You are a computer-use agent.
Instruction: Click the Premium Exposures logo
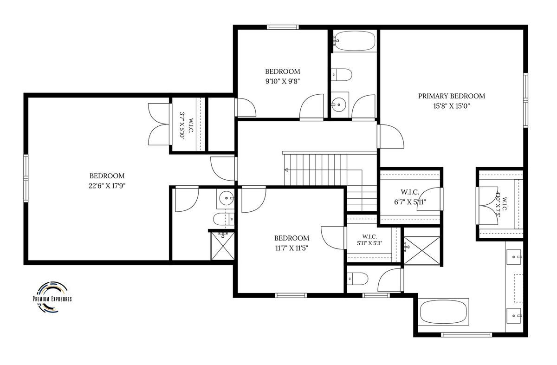click(52, 297)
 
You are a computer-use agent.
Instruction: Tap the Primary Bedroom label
click(451, 96)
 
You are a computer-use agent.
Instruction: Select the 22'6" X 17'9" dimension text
click(107, 186)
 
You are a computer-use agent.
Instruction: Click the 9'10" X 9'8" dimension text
click(283, 81)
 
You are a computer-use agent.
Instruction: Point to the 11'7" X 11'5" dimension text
click(291, 248)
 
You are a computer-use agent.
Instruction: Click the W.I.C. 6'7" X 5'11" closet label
click(410, 197)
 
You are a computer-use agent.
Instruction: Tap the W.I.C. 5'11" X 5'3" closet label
click(369, 240)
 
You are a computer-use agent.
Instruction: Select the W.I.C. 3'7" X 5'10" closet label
click(187, 126)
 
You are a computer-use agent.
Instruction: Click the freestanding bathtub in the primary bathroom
click(443, 312)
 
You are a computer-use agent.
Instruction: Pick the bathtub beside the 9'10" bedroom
click(354, 41)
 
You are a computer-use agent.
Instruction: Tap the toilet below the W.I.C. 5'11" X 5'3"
click(357, 279)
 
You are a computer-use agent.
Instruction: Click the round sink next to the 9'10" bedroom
click(340, 105)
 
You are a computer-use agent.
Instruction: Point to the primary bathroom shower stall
click(422, 250)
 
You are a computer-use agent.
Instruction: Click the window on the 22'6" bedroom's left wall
click(26, 178)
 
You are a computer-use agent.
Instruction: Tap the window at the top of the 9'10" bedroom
click(283, 27)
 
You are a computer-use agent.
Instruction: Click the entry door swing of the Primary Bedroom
click(391, 137)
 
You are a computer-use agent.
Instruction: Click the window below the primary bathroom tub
click(466, 335)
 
